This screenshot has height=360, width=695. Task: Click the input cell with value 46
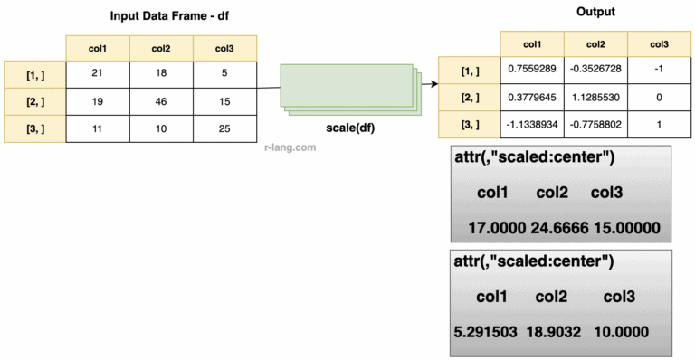(x=162, y=102)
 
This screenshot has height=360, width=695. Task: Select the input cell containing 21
(x=97, y=73)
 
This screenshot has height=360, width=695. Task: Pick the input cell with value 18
(x=162, y=73)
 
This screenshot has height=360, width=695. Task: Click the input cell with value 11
(x=97, y=129)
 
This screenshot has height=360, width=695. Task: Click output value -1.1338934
(x=532, y=125)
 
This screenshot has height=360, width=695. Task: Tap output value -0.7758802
(x=595, y=125)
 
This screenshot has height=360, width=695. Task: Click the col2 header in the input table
(x=162, y=47)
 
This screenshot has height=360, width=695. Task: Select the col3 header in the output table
(x=660, y=43)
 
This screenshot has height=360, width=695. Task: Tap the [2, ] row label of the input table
(x=34, y=102)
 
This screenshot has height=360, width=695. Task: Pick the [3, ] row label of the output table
(x=469, y=125)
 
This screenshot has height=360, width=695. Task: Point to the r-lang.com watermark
(x=290, y=146)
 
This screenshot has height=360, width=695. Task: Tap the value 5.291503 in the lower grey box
(x=485, y=331)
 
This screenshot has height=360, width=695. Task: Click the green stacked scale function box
(x=349, y=89)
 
